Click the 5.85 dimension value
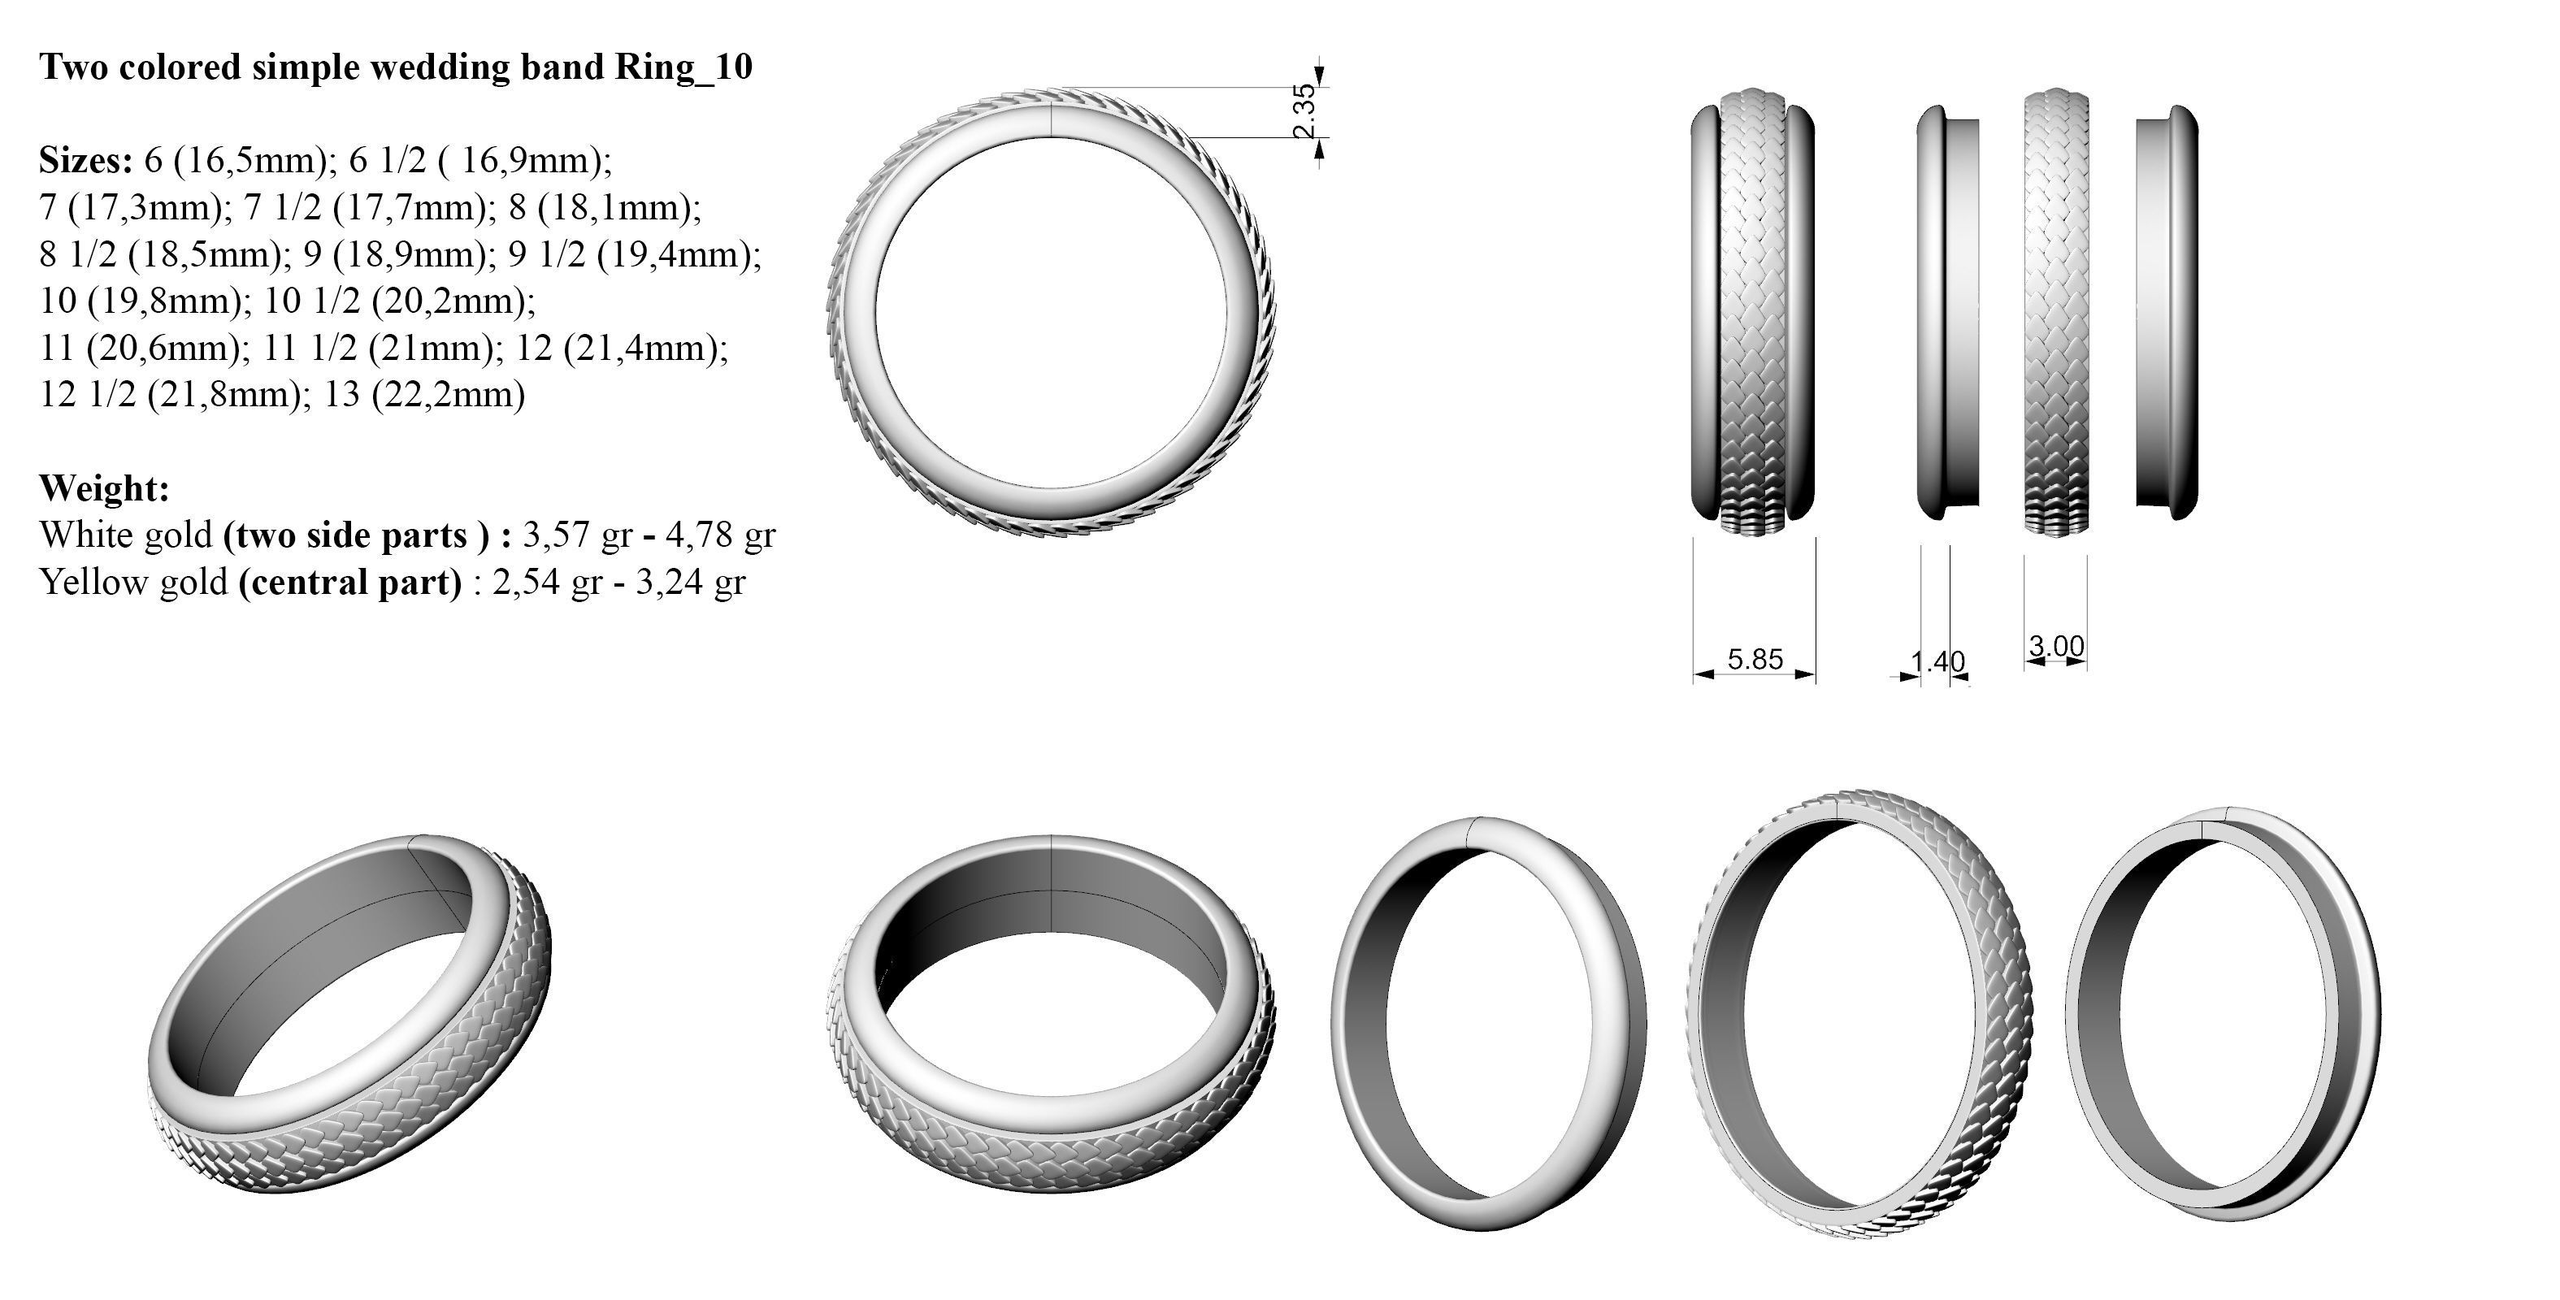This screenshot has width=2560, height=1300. (x=1755, y=659)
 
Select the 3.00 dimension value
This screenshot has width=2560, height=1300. (x=2056, y=646)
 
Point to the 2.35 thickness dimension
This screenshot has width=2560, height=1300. (x=1305, y=111)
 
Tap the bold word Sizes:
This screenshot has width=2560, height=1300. (x=85, y=159)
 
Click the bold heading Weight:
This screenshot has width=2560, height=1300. (x=104, y=488)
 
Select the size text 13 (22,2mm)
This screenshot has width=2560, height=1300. (x=424, y=395)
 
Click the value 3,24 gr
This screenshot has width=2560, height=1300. (x=691, y=582)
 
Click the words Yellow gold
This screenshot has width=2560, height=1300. (x=134, y=582)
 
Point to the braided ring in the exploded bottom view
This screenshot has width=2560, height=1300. (x=1859, y=1014)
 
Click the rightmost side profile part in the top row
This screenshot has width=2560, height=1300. (x=2167, y=313)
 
